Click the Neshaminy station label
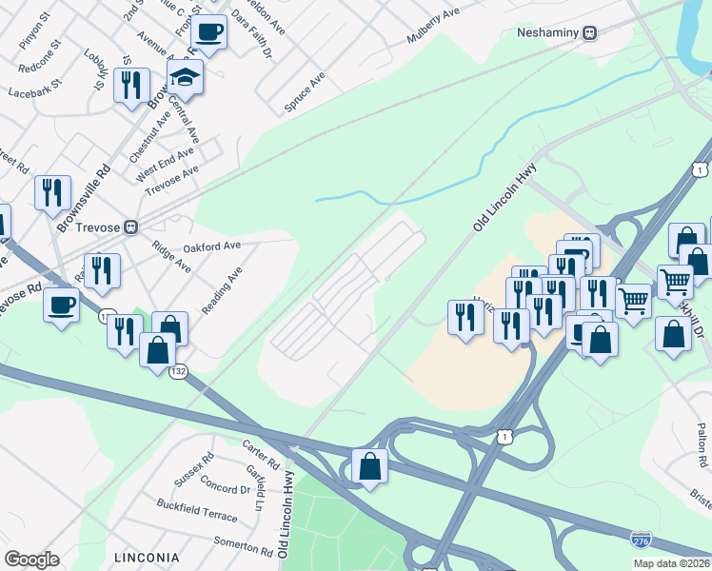click(x=548, y=32)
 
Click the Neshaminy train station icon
click(x=590, y=32)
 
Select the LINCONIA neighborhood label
click(x=146, y=557)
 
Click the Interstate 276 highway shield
click(x=642, y=540)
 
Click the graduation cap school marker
click(x=186, y=79)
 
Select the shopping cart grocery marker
click(x=675, y=282)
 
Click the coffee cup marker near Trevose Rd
click(x=62, y=305)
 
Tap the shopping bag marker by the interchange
click(x=369, y=466)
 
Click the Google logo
click(x=31, y=560)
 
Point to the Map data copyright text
click(x=671, y=563)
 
